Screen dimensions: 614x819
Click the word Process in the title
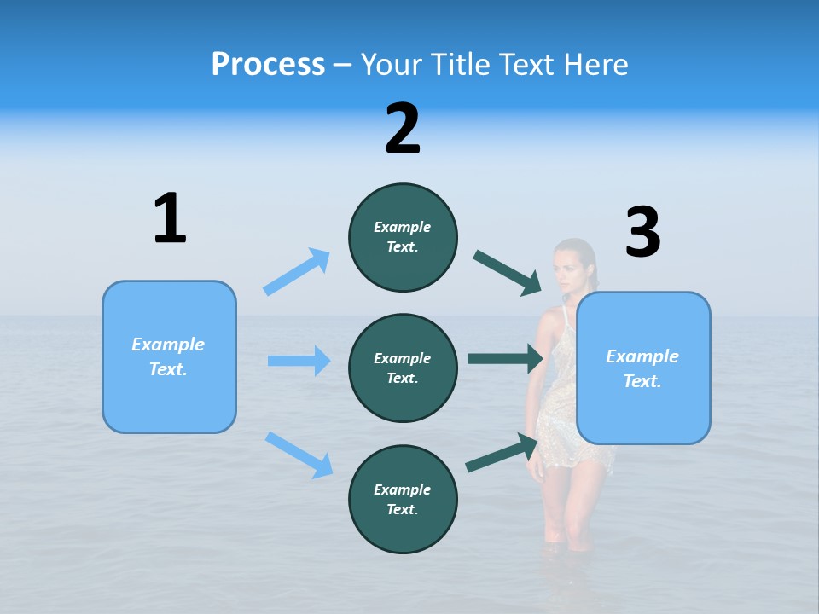pos(268,65)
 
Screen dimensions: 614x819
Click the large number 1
pos(170,218)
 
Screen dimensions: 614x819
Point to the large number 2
pos(403,129)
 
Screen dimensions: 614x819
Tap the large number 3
pos(642,233)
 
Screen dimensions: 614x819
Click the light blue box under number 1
pos(169,356)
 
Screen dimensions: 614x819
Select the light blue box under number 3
pos(643,368)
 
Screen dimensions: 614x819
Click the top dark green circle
pos(403,237)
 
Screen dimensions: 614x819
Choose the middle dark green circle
pos(403,368)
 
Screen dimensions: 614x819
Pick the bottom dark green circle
pos(403,499)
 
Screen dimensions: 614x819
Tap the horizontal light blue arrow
pos(299,361)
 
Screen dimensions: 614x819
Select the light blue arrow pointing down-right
pos(299,455)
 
